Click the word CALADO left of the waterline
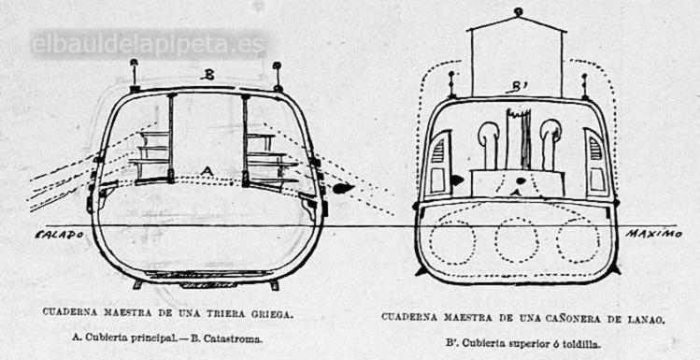(x=60, y=235)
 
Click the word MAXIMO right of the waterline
(x=653, y=234)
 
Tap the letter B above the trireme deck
(x=207, y=75)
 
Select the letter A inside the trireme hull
(x=206, y=170)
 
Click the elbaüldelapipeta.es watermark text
(x=148, y=45)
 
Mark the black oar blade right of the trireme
(x=343, y=188)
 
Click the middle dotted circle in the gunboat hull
(x=517, y=240)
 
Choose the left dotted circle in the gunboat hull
(x=452, y=241)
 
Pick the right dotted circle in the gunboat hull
(x=579, y=240)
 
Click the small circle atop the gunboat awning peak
(x=518, y=11)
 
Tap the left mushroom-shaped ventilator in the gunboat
(x=488, y=144)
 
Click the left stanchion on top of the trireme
(x=134, y=75)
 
